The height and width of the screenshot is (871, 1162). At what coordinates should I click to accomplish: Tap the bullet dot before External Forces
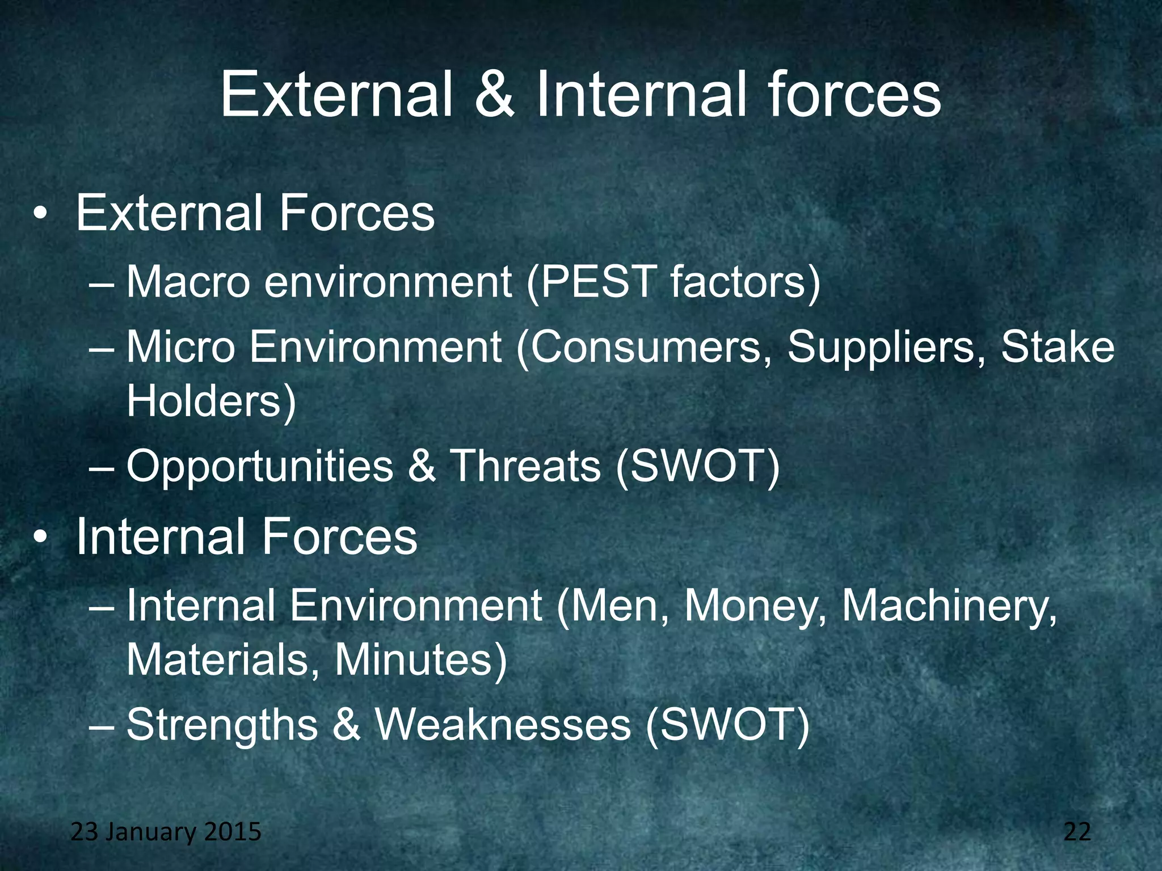point(39,216)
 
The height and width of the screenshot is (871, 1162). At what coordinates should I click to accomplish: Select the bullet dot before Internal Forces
point(39,539)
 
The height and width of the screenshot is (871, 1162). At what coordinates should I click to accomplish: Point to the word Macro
point(188,282)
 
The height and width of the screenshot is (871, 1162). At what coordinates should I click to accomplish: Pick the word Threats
point(525,466)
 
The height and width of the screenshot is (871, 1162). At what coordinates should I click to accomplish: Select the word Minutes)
point(420,660)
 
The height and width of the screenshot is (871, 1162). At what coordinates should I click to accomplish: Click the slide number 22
point(1077,832)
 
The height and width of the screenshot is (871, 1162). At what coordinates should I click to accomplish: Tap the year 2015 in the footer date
point(232,832)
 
